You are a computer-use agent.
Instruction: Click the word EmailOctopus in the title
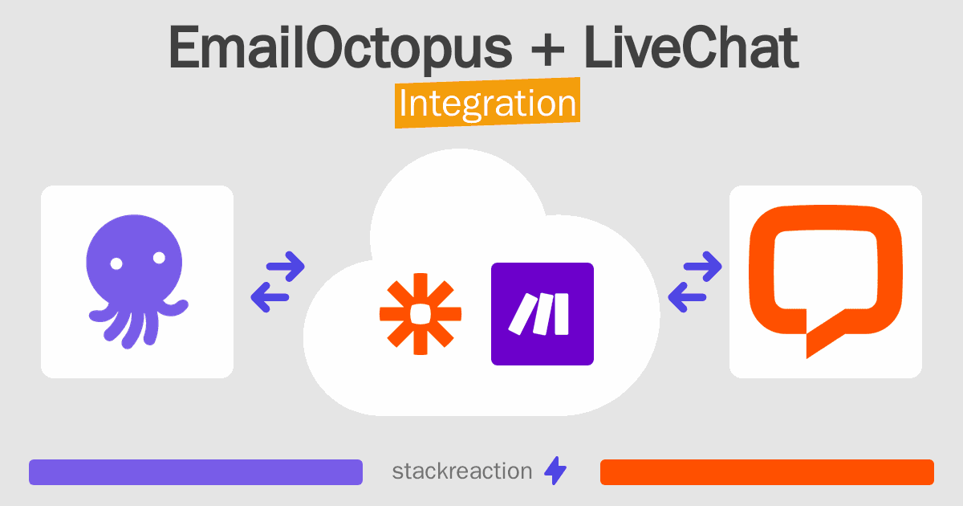click(340, 49)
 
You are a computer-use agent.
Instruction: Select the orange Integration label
click(488, 103)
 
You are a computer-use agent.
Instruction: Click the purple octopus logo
click(136, 280)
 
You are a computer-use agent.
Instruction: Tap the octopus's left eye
click(116, 263)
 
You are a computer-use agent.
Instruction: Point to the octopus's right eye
click(159, 257)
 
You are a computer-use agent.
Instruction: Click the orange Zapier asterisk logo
click(421, 314)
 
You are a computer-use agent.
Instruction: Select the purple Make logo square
click(542, 314)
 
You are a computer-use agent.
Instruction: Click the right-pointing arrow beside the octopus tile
click(286, 267)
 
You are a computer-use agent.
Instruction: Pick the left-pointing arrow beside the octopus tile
click(270, 297)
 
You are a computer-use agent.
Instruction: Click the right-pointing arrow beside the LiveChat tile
click(703, 267)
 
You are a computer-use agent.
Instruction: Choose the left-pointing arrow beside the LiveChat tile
click(687, 297)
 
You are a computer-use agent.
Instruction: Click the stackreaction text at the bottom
click(462, 471)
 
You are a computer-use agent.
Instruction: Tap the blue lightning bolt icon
click(555, 471)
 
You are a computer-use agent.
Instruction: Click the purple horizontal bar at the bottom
click(196, 472)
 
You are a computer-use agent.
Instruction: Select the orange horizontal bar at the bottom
click(767, 472)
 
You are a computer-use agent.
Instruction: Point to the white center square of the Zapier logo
click(421, 314)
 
